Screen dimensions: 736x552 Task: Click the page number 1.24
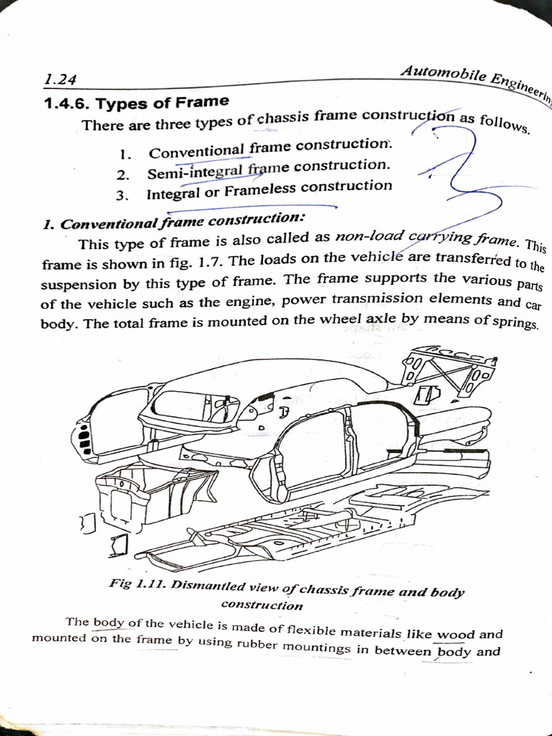pos(60,80)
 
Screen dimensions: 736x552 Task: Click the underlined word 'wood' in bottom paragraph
pos(456,635)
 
